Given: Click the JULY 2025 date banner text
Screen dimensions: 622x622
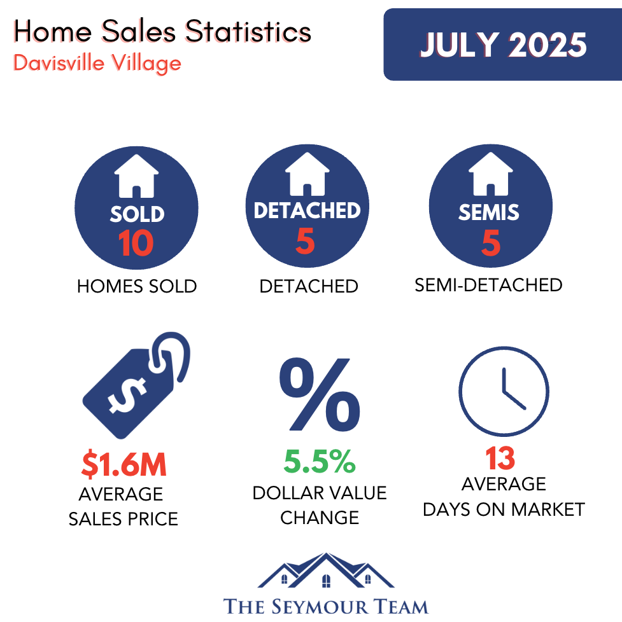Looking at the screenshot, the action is [x=503, y=45].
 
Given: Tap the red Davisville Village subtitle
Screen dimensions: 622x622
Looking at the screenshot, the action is [x=97, y=64].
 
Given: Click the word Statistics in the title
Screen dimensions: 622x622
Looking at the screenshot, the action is [x=248, y=31].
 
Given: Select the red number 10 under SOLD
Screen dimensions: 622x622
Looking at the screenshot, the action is [x=136, y=243].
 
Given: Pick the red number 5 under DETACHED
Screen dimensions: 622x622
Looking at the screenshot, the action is [x=306, y=241].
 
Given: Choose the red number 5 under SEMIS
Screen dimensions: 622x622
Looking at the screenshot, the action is [x=491, y=242].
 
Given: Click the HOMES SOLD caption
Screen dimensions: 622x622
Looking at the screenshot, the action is [x=137, y=286].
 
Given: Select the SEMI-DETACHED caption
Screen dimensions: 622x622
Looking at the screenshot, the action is [x=488, y=285].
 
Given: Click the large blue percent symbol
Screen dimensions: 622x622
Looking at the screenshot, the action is [x=320, y=394].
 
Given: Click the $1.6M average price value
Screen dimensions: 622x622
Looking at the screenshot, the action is [x=124, y=464].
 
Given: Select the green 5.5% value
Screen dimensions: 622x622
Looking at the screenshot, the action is [x=320, y=461].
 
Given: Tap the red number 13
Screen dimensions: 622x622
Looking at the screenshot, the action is [x=500, y=458].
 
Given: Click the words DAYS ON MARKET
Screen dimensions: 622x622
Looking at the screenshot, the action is [x=504, y=509].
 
